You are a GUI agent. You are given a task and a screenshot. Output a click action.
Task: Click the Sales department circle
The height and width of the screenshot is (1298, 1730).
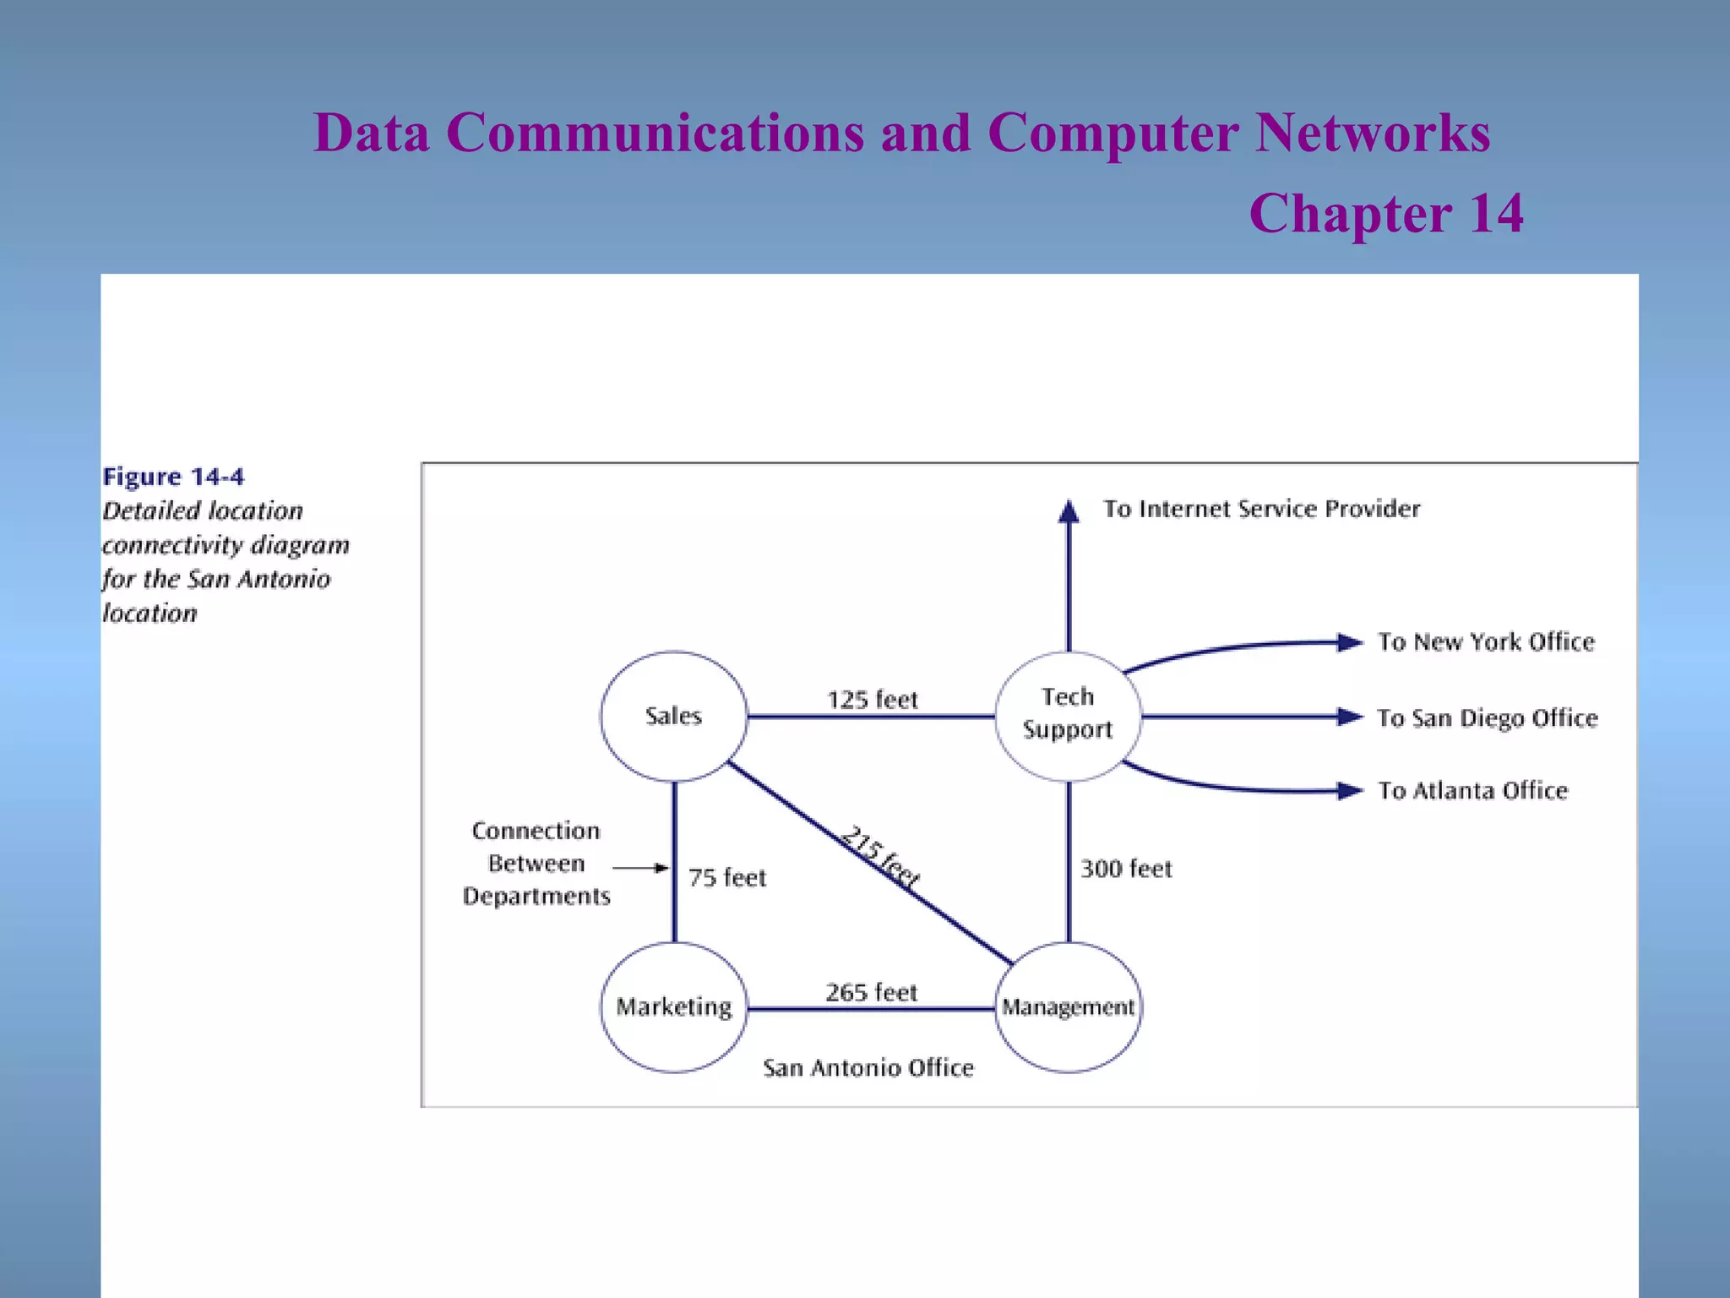pyautogui.click(x=673, y=716)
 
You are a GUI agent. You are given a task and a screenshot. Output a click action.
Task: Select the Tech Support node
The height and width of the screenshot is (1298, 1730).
pyautogui.click(x=1068, y=715)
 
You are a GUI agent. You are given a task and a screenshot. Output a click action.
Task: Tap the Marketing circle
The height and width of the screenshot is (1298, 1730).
pyautogui.click(x=673, y=1006)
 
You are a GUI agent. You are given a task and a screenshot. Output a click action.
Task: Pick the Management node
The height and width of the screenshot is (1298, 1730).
pyautogui.click(x=1068, y=1006)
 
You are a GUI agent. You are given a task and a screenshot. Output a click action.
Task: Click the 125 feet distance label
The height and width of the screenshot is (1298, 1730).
pyautogui.click(x=872, y=700)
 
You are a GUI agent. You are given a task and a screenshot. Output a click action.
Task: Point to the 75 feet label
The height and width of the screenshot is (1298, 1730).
pyautogui.click(x=726, y=878)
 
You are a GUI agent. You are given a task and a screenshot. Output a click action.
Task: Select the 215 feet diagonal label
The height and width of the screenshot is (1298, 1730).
pyautogui.click(x=880, y=856)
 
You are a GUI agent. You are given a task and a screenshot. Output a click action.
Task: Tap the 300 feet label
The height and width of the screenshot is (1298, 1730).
pyautogui.click(x=1126, y=869)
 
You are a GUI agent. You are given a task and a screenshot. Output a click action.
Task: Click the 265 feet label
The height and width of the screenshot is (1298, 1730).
pyautogui.click(x=871, y=992)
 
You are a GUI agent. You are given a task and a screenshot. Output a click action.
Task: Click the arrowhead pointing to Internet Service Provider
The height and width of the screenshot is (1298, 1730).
pyautogui.click(x=1069, y=511)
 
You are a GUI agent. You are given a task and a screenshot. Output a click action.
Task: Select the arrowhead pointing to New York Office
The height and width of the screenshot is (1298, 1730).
pyautogui.click(x=1350, y=643)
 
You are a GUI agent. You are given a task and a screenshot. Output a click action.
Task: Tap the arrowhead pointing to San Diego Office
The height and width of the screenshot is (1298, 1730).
pyautogui.click(x=1350, y=717)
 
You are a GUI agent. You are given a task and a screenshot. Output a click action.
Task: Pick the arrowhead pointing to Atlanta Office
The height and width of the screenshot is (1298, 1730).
pyautogui.click(x=1350, y=791)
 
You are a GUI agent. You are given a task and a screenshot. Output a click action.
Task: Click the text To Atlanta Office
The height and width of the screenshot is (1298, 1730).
pyautogui.click(x=1472, y=791)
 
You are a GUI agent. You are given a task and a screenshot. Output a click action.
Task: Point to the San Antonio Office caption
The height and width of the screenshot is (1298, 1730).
pyautogui.click(x=868, y=1068)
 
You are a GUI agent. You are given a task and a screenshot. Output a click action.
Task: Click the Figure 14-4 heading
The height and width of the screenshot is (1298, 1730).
pyautogui.click(x=173, y=477)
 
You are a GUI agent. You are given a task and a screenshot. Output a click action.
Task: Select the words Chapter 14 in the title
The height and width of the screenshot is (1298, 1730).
pyautogui.click(x=1386, y=213)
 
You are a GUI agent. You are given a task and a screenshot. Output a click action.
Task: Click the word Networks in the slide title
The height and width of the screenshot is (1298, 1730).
pyautogui.click(x=1373, y=133)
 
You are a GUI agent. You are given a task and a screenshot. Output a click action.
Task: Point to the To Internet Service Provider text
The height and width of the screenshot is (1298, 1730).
pyautogui.click(x=1261, y=509)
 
